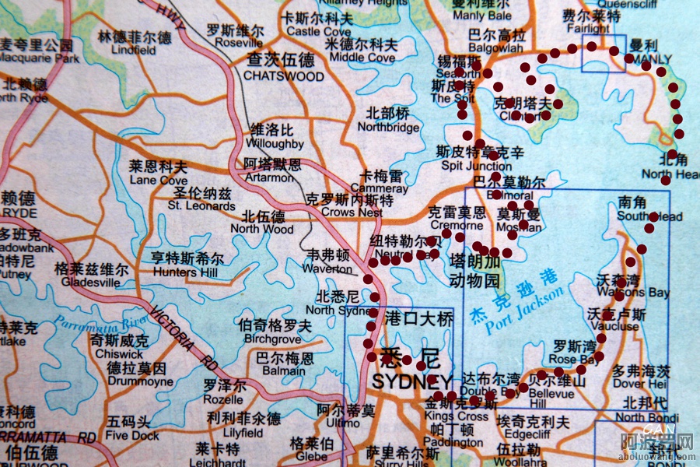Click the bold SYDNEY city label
[411, 382]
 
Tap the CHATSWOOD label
[283, 76]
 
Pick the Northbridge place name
[388, 127]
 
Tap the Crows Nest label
[352, 212]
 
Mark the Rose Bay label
[574, 359]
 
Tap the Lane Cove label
[159, 180]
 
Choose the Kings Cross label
[457, 416]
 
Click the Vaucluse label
[617, 327]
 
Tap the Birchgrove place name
[273, 339]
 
